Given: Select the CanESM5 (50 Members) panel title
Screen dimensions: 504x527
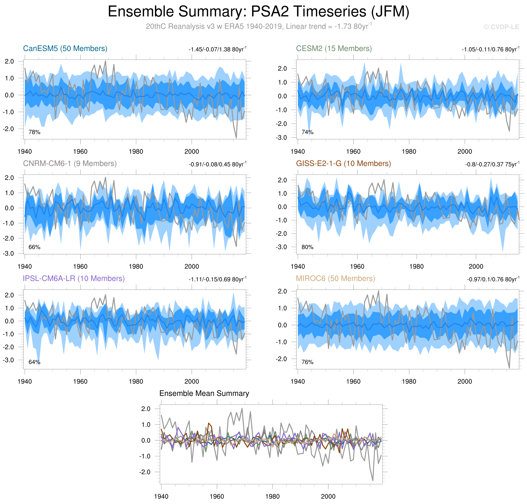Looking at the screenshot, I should pyautogui.click(x=65, y=49).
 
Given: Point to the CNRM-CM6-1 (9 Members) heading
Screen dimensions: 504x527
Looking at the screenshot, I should pyautogui.click(x=70, y=164).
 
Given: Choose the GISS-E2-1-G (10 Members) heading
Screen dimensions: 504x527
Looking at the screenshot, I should pyautogui.click(x=343, y=164).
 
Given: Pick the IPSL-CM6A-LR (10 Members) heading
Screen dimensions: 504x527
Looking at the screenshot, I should pyautogui.click(x=74, y=279).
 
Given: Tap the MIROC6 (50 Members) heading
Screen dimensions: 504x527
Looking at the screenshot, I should pyautogui.click(x=335, y=279).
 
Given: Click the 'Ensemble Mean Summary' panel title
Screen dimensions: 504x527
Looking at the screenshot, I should pyautogui.click(x=204, y=394).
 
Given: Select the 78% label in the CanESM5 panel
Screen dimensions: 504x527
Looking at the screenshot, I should pyautogui.click(x=34, y=132).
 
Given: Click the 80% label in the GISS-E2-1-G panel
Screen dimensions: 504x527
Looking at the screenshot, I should pyautogui.click(x=307, y=247).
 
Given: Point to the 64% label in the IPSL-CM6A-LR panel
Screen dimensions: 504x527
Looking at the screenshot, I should pyautogui.click(x=34, y=362).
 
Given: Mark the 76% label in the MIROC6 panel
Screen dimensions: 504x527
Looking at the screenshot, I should pyautogui.click(x=307, y=362).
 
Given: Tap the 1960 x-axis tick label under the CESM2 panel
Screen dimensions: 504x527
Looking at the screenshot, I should pyautogui.click(x=353, y=152).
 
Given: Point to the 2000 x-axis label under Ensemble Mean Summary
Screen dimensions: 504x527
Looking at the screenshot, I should pyautogui.click(x=328, y=497).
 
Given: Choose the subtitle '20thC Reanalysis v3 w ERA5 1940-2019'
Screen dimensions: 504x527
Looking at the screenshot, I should pyautogui.click(x=215, y=27).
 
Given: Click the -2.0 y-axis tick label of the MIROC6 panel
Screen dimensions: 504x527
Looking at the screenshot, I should pyautogui.click(x=281, y=359).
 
